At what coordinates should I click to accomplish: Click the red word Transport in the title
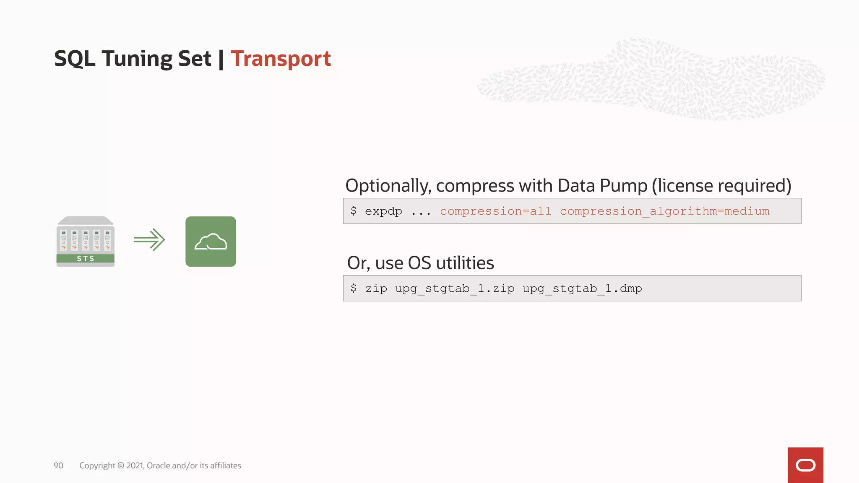[x=281, y=59]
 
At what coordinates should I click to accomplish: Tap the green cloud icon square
[x=211, y=241]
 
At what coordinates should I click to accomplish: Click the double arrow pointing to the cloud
[x=150, y=240]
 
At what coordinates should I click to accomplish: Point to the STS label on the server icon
[x=86, y=259]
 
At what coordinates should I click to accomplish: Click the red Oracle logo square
[x=805, y=465]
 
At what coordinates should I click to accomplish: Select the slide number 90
[x=58, y=465]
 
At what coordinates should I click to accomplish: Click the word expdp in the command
[x=383, y=211]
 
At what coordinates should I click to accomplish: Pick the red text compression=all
[x=496, y=211]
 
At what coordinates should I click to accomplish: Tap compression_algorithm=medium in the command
[x=665, y=211]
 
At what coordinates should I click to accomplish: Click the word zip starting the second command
[x=376, y=288]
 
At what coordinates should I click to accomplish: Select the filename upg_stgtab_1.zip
[x=455, y=288]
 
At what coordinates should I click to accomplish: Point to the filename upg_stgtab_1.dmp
[x=582, y=288]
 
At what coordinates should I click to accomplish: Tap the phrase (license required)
[x=721, y=186]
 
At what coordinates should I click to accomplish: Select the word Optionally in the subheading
[x=388, y=186]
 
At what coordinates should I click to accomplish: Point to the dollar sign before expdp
[x=354, y=211]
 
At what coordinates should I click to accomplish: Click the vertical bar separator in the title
[x=221, y=59]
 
